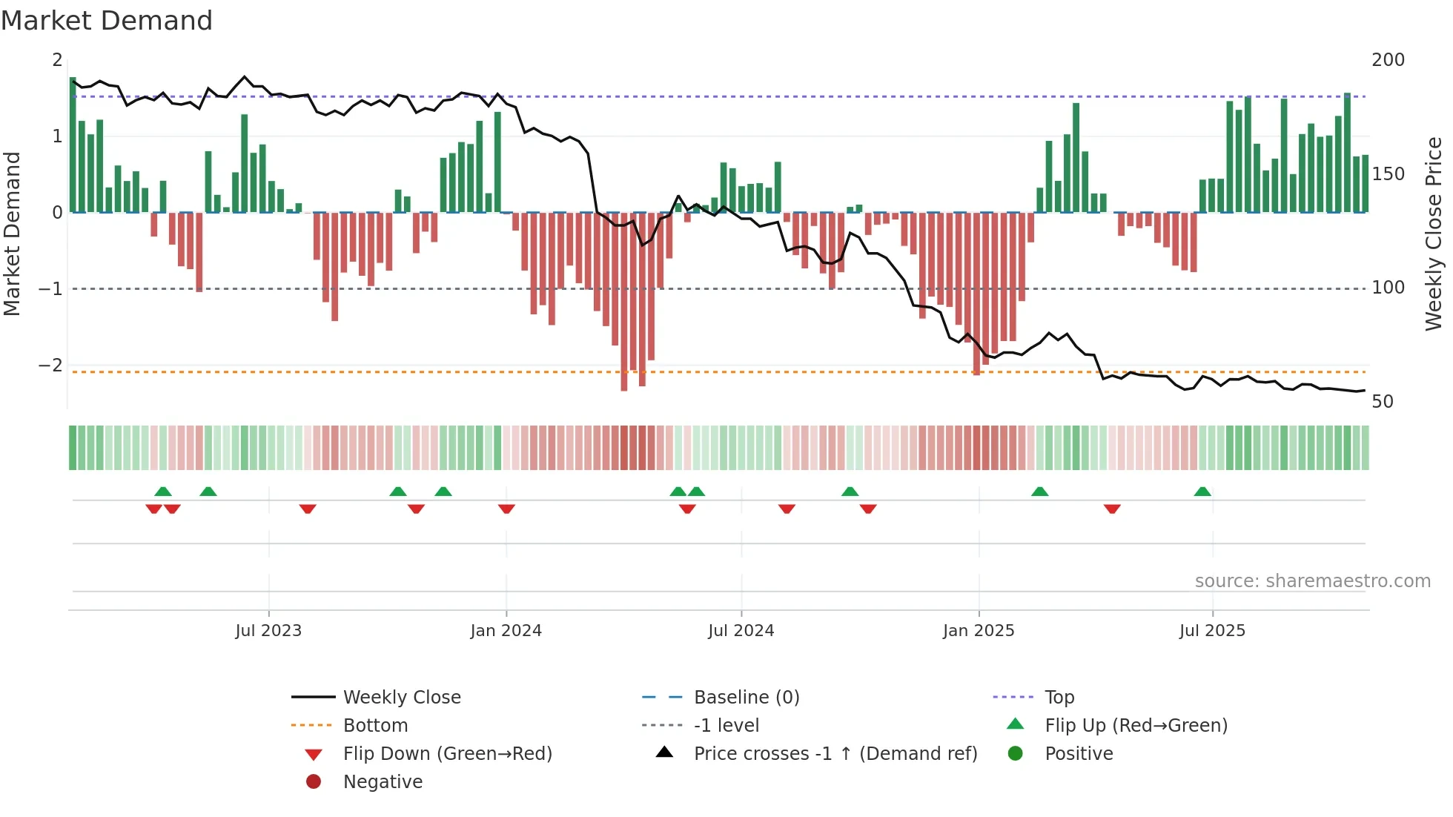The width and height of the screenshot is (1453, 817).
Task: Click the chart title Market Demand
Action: click(107, 20)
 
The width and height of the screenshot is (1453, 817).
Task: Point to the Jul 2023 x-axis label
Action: click(268, 631)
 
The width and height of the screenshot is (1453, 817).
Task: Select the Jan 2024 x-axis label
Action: click(506, 631)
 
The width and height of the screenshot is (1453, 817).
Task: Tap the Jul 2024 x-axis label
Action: click(741, 631)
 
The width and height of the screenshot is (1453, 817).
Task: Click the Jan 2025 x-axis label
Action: click(979, 631)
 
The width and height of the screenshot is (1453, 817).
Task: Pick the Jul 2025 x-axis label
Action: click(1212, 631)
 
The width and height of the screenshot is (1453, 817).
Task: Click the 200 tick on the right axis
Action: click(1388, 60)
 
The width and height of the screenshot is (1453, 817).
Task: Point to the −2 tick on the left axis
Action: click(50, 365)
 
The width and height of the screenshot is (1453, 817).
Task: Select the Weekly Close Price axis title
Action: click(1434, 234)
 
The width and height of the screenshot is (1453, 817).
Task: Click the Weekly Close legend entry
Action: click(402, 698)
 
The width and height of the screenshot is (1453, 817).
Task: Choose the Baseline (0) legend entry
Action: click(747, 698)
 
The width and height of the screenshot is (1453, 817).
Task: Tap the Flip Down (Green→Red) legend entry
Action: click(447, 754)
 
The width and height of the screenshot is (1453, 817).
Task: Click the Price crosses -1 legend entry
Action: click(835, 754)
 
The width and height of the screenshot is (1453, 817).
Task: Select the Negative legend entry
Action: click(383, 782)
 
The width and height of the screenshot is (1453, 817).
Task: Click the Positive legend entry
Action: click(1079, 754)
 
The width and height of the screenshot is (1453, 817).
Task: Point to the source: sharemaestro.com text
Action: click(1312, 581)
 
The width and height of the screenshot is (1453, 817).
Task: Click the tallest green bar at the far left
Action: click(73, 145)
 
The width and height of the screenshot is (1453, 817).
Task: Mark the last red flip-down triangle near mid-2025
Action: click(1112, 509)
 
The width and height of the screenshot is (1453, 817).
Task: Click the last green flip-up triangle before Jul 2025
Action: click(1202, 492)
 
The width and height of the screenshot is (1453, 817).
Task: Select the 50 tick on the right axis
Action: click(1383, 402)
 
